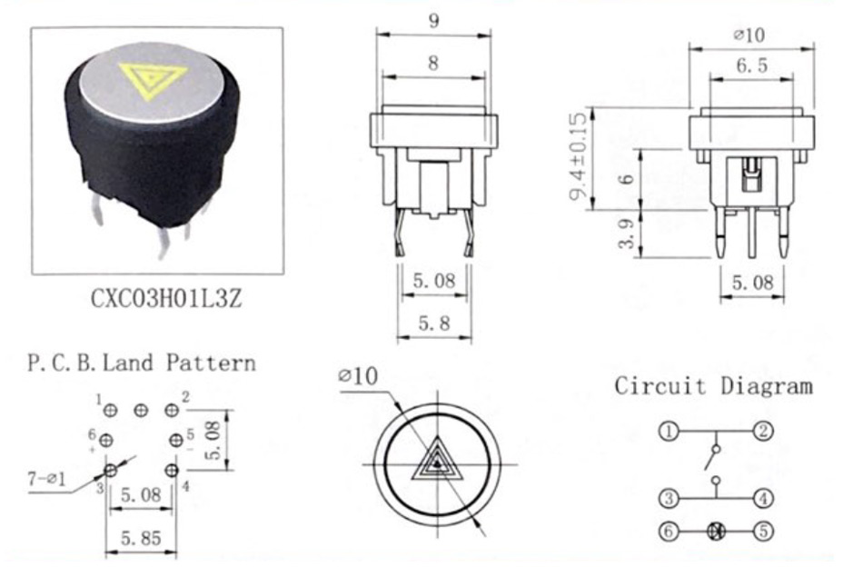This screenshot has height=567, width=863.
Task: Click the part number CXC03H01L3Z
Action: [166, 299]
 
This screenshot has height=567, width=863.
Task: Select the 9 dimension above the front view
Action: [433, 22]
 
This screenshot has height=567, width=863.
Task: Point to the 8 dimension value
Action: [433, 64]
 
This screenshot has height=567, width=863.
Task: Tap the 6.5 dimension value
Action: [752, 66]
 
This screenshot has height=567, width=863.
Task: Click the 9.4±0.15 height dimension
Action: [579, 156]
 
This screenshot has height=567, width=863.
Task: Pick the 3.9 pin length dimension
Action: [627, 233]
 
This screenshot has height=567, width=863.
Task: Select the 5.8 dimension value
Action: [434, 323]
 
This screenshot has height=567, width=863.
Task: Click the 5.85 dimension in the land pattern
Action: [141, 538]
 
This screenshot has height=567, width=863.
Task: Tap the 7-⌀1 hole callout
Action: [46, 479]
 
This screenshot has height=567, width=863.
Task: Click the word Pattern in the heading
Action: [212, 363]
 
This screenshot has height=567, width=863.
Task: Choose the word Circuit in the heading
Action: [660, 385]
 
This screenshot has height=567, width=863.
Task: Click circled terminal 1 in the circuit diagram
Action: [669, 431]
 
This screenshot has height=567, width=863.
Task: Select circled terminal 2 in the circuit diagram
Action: [763, 431]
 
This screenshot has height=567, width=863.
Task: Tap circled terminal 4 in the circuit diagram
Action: [763, 499]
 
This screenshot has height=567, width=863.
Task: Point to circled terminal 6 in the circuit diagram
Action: [669, 532]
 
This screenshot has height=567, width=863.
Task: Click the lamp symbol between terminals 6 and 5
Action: [716, 532]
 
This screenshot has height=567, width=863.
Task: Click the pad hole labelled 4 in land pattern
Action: [171, 471]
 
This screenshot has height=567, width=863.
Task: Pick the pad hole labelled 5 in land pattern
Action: [176, 441]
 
